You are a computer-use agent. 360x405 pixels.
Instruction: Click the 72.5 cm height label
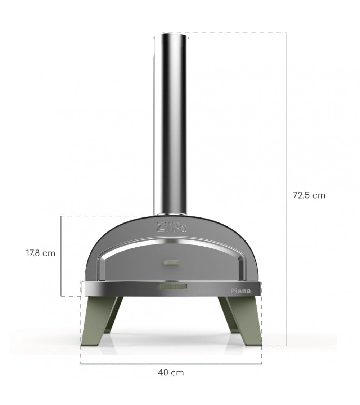tap(309, 195)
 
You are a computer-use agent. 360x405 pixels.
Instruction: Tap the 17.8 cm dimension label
tap(41, 253)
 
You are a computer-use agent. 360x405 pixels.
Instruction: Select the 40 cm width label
tap(171, 373)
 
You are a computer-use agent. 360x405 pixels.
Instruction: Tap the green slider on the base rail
tap(172, 287)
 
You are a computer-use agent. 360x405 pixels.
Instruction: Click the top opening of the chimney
tap(170, 35)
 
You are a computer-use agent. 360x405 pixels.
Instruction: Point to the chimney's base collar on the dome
tap(170, 216)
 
